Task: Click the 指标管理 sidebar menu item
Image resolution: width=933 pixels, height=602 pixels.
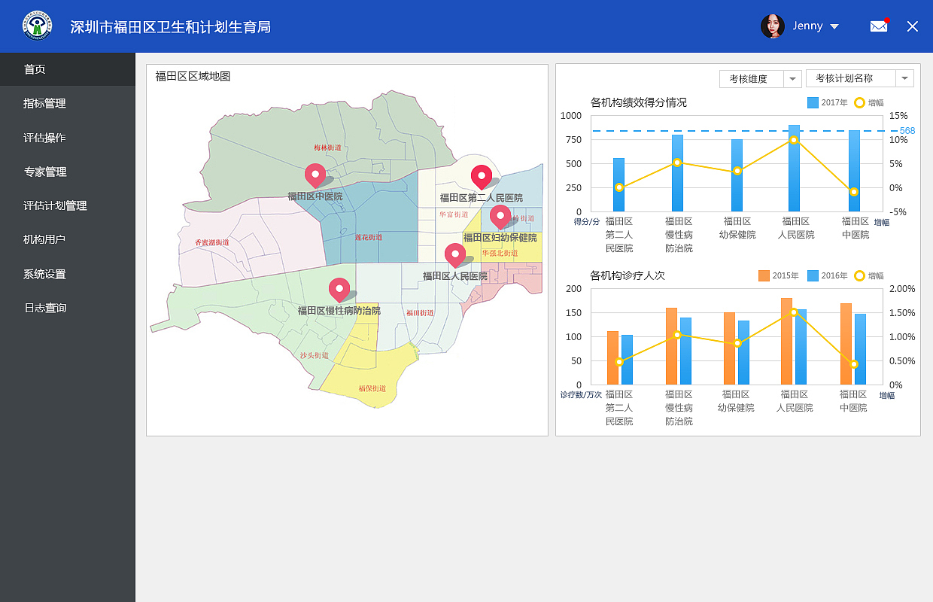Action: point(44,104)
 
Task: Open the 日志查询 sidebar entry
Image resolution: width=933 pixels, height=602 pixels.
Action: point(45,308)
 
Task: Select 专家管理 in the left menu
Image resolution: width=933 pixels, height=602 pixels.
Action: point(45,172)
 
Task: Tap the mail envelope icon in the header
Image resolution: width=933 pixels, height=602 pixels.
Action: point(878,26)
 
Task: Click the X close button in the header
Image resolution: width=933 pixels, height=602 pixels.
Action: point(913,26)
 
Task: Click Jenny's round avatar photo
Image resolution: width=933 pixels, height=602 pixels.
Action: point(773,26)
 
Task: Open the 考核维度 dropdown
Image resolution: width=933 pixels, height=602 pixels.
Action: point(760,78)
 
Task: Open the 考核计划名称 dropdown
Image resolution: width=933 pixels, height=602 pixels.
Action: point(859,78)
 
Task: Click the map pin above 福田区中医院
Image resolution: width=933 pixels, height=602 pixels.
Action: point(315,175)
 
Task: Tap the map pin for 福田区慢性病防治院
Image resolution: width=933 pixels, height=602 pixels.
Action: point(339,289)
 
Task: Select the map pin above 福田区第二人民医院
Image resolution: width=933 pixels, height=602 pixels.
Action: point(481,177)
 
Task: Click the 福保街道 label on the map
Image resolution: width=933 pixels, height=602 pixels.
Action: point(372,389)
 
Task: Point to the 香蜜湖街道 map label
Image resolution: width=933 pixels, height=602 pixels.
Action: point(211,243)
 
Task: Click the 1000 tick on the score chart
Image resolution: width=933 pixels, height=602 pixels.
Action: point(571,116)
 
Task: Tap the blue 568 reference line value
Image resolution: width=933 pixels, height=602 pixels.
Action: point(907,131)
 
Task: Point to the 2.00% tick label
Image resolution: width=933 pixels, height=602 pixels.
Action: point(901,289)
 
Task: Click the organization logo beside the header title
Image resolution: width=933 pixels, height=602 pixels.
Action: point(38,26)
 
